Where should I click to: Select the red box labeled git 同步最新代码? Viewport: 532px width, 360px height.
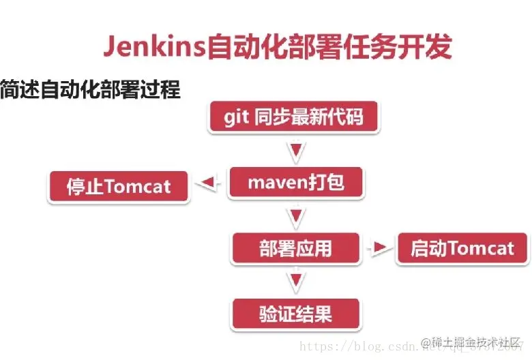294,117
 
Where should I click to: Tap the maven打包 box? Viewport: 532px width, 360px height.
295,183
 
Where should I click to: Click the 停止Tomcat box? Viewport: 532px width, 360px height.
119,186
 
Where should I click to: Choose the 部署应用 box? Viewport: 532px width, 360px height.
295,248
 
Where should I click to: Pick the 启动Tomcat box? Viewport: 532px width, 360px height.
462,248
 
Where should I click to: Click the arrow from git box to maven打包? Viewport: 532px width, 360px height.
295,150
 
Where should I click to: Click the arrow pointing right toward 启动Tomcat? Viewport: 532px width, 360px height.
377,248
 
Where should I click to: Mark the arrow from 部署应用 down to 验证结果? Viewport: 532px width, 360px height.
295,281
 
